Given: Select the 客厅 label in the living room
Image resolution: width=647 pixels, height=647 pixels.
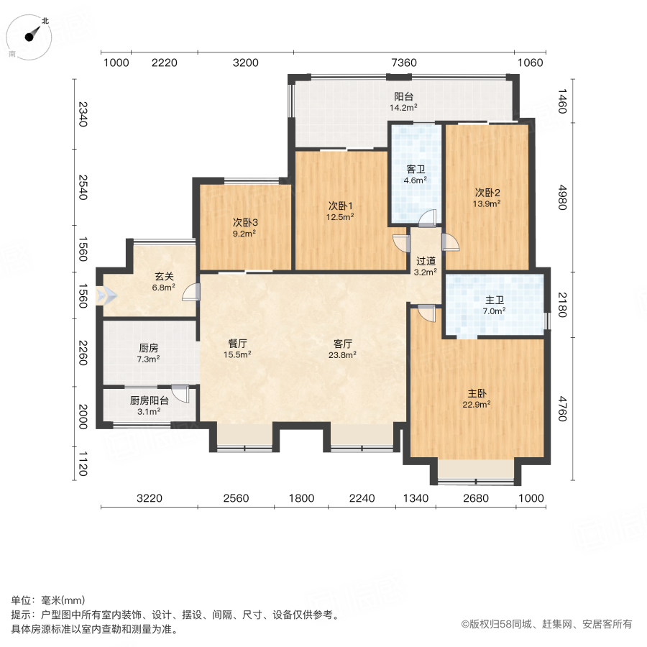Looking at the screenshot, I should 341,344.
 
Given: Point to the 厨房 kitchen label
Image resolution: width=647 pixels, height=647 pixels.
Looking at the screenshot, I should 148,348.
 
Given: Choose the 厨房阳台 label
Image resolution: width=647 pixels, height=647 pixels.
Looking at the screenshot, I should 149,401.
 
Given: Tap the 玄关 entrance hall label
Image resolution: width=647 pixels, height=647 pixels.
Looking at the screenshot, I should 164,275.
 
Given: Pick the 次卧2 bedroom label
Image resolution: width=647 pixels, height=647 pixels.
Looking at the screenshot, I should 487,193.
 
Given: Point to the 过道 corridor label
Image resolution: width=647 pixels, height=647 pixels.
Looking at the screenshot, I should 426,261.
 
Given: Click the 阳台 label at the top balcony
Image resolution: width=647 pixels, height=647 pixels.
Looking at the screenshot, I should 403,97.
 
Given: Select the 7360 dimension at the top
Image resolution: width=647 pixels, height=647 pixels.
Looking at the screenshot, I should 403,63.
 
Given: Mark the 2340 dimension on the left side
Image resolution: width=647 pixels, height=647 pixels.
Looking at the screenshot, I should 83,114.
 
